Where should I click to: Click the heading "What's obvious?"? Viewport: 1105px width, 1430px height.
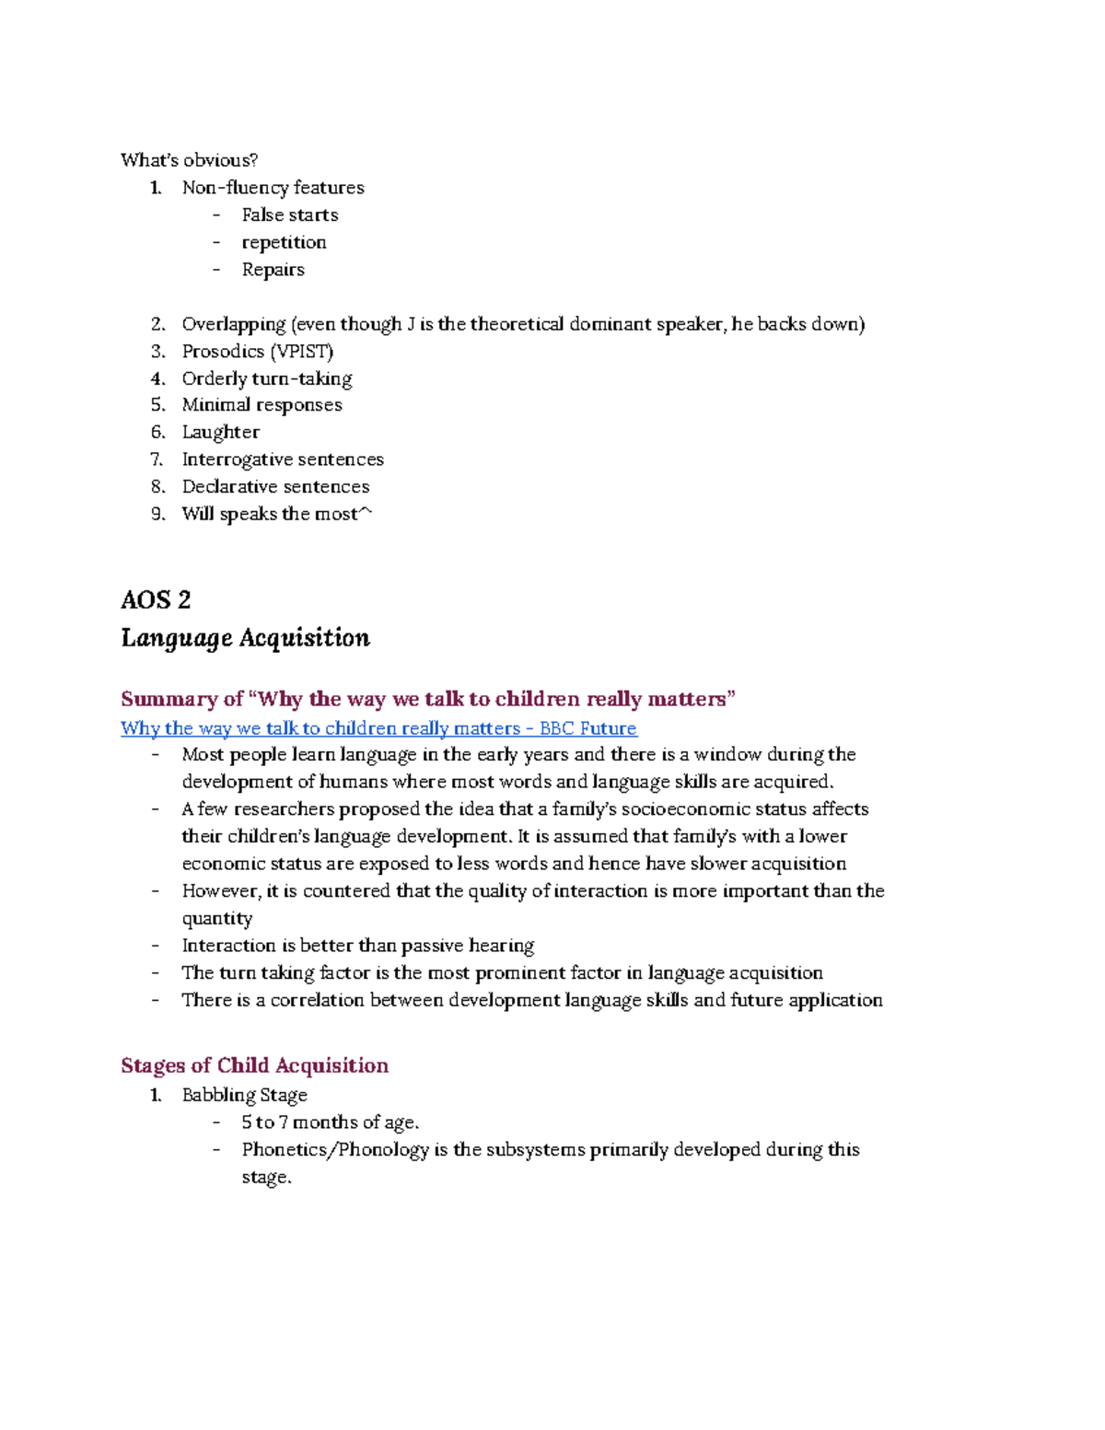tap(189, 160)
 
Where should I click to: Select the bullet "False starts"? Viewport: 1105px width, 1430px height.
tap(289, 215)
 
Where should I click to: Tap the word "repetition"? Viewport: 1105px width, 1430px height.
tap(284, 242)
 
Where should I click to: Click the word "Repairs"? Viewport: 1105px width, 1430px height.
tap(273, 270)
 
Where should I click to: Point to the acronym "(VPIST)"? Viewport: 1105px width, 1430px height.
tap(302, 351)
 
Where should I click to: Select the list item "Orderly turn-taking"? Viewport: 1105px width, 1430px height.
tap(266, 378)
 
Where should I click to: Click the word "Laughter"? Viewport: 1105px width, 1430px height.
tap(220, 432)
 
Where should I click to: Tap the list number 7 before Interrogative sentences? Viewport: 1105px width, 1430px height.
tap(157, 459)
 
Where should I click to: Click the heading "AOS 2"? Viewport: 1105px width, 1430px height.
tap(156, 599)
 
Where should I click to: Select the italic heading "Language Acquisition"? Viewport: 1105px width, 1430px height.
tap(245, 637)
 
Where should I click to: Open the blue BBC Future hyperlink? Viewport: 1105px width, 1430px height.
tap(378, 728)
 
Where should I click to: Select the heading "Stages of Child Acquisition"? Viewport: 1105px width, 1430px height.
tap(254, 1065)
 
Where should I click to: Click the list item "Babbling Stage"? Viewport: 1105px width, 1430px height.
tap(244, 1095)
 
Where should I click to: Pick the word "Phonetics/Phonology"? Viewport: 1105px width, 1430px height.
tap(335, 1149)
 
